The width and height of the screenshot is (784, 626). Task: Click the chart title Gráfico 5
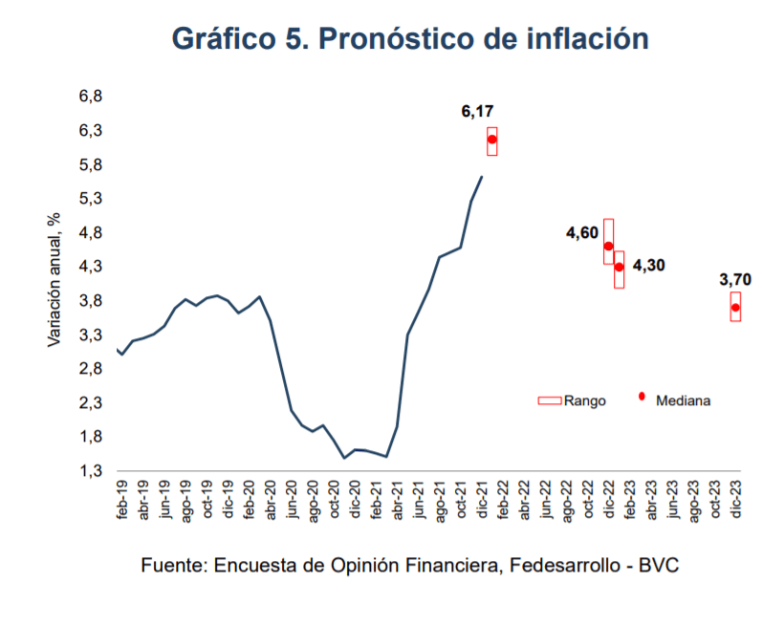[410, 38]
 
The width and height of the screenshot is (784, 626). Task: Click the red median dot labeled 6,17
[491, 140]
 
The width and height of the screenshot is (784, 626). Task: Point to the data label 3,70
[734, 280]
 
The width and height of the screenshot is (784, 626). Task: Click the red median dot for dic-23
[735, 307]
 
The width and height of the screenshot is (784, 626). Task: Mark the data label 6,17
[477, 113]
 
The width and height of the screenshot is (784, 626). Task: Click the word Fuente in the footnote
[173, 565]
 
